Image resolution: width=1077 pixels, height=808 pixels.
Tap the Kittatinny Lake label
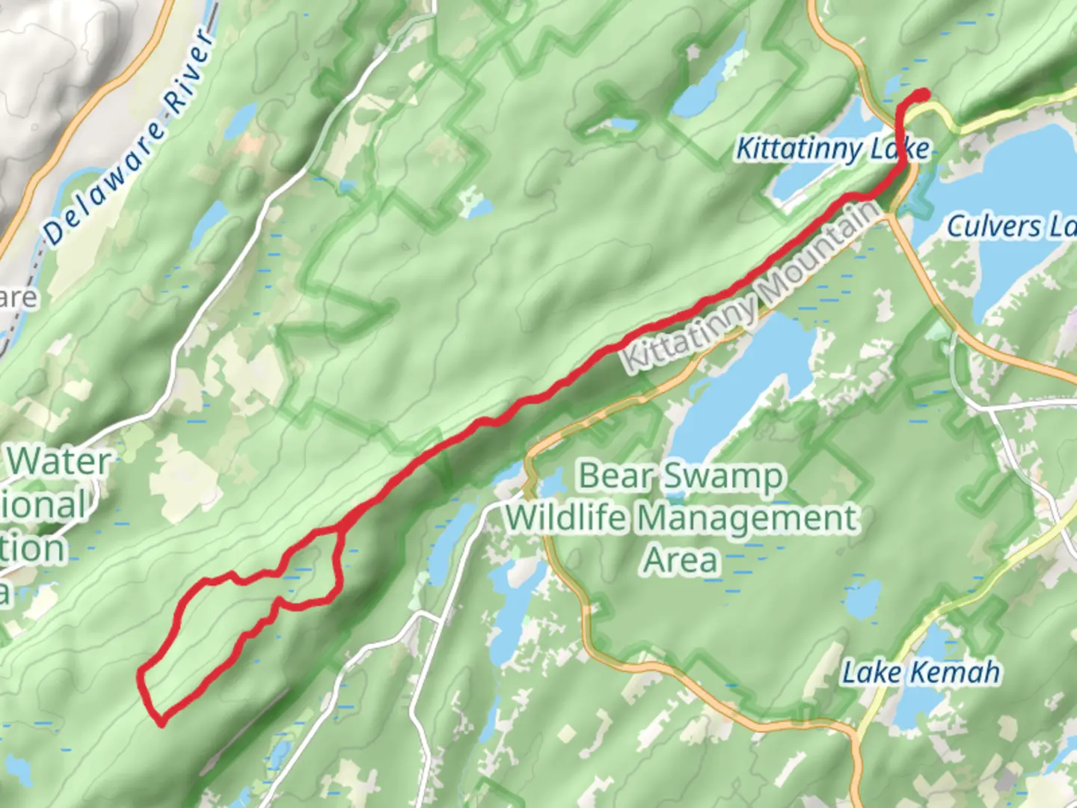point(832,149)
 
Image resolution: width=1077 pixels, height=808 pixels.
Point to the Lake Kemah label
point(921,673)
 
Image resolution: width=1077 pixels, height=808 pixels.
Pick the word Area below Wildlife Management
point(681,560)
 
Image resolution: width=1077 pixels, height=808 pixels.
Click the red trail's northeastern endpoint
point(924,94)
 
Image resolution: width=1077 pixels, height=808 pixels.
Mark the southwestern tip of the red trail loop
point(160,723)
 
